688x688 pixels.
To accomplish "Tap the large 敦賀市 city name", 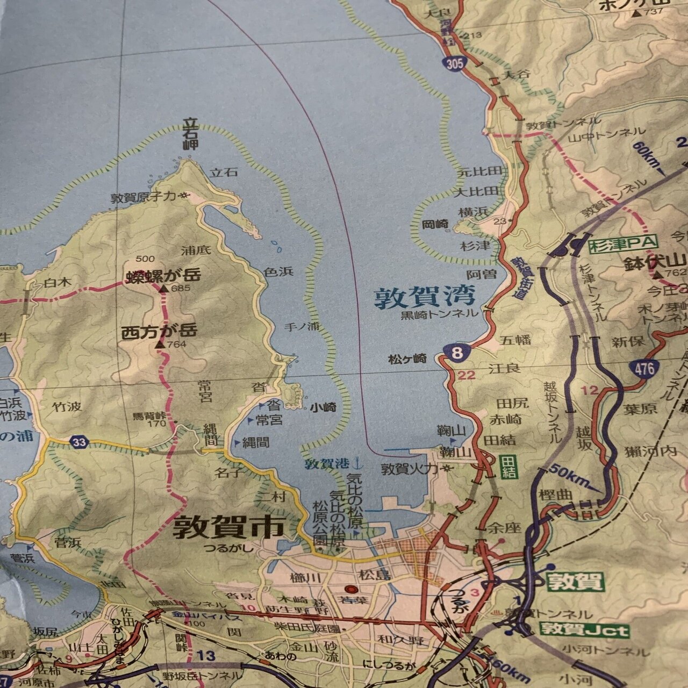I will (x=228, y=528).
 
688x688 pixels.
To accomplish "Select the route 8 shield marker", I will (x=457, y=353).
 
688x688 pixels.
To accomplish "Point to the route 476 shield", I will (x=644, y=368).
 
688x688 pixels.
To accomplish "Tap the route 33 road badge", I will (x=80, y=442).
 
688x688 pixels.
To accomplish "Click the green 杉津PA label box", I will (x=622, y=243).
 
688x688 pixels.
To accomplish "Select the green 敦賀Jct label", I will (x=585, y=629).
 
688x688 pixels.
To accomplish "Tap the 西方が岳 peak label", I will (x=160, y=331).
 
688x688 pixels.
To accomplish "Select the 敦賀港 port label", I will (x=326, y=463).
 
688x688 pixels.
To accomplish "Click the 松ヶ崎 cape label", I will (x=407, y=359).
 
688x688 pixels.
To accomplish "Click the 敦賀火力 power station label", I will (x=408, y=469).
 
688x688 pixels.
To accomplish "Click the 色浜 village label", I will (x=279, y=272).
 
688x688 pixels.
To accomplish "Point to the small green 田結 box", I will (x=507, y=466).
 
